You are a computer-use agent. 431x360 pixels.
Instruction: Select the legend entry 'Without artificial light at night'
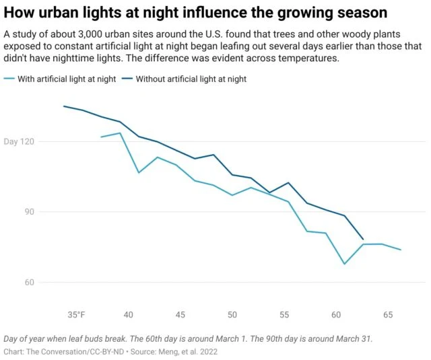click(191, 79)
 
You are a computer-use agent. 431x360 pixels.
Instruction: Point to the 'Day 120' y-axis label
click(18, 142)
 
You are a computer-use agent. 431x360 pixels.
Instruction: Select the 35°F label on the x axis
click(76, 315)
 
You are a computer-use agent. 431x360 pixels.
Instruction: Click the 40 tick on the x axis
click(129, 315)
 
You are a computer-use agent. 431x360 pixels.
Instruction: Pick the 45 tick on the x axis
click(180, 315)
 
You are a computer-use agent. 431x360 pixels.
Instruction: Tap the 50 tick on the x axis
click(232, 315)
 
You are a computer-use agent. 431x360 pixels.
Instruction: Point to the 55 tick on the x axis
click(284, 315)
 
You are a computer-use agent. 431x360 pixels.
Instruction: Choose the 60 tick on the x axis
click(336, 315)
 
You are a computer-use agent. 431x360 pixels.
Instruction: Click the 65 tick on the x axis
click(388, 315)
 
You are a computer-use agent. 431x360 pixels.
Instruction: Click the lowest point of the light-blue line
click(344, 264)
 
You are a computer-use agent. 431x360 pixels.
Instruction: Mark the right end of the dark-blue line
click(364, 239)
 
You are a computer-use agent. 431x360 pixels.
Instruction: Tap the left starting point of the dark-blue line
click(64, 106)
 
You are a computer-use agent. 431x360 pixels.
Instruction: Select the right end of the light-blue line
click(401, 250)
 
